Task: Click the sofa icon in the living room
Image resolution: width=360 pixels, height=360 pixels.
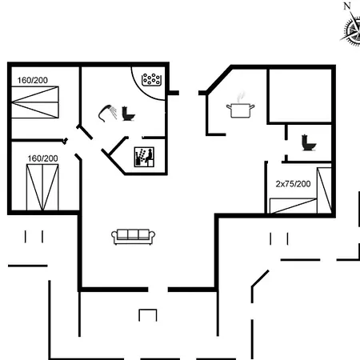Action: [x=133, y=237]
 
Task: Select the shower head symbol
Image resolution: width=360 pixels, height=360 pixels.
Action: [x=108, y=114]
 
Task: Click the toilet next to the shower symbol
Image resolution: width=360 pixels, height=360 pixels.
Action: [x=128, y=114]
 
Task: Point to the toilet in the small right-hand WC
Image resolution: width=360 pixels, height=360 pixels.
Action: [x=309, y=142]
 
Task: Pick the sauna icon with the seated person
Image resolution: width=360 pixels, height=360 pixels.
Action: [x=144, y=157]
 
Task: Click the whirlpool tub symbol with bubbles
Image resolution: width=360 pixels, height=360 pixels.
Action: [x=151, y=79]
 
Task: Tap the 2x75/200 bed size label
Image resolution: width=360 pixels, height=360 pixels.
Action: [x=293, y=184]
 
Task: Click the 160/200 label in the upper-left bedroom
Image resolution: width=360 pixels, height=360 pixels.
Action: [x=33, y=80]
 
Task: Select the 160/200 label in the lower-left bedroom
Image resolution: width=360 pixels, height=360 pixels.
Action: [x=42, y=158]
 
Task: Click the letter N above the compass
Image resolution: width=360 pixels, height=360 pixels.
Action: [x=347, y=6]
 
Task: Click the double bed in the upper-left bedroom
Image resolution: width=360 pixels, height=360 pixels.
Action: [x=35, y=102]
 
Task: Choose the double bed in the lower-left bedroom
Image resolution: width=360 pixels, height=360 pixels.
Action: [x=42, y=187]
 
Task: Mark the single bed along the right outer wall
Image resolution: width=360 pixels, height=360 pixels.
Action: [x=324, y=190]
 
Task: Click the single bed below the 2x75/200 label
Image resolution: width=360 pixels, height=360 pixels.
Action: [x=293, y=206]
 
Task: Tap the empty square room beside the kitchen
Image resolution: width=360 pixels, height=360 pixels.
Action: [x=300, y=96]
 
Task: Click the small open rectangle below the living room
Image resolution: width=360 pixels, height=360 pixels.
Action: [x=148, y=315]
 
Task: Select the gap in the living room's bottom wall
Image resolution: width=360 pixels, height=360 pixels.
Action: [x=158, y=290]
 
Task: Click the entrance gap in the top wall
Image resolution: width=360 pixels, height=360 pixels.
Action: [x=189, y=93]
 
